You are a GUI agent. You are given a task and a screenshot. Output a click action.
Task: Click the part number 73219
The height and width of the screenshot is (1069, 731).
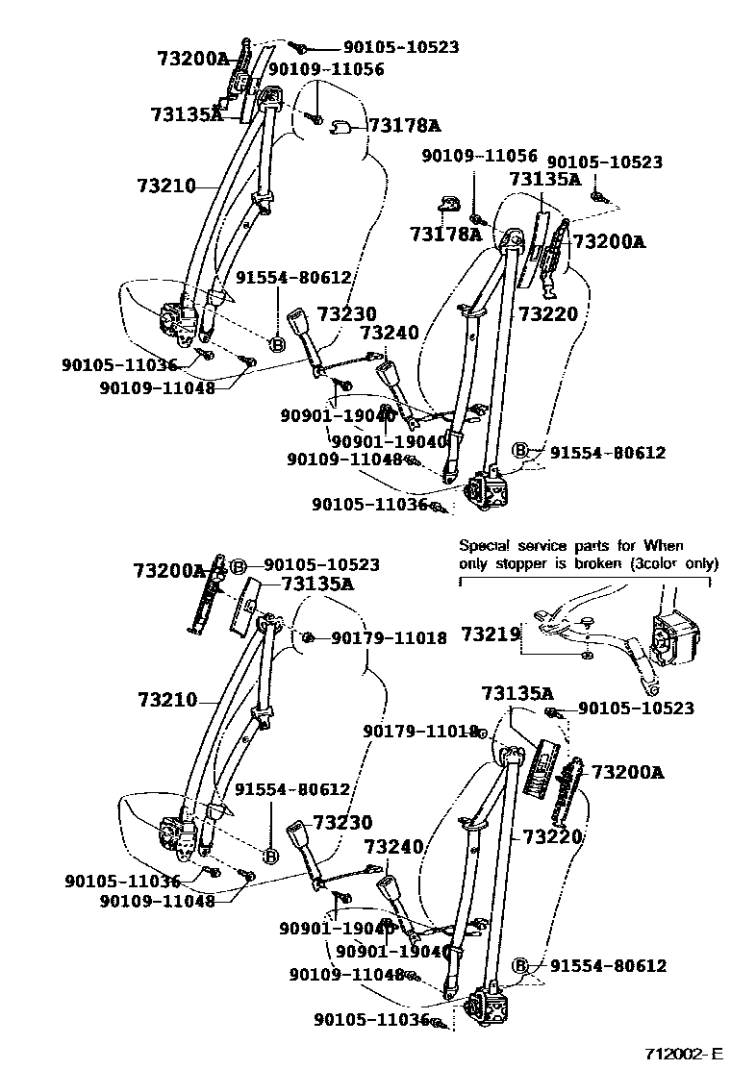click(x=491, y=634)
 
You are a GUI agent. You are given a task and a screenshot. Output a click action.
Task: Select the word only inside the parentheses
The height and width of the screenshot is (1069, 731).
click(x=700, y=563)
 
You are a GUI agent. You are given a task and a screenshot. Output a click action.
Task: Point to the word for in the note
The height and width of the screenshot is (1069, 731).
click(x=620, y=545)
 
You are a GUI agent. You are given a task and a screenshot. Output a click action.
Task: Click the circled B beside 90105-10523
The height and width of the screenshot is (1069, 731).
click(x=239, y=565)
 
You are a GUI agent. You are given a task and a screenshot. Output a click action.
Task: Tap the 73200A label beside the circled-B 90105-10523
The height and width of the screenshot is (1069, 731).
click(x=169, y=571)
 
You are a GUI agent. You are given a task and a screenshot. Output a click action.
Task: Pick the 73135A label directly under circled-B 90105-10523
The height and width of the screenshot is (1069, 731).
click(x=317, y=584)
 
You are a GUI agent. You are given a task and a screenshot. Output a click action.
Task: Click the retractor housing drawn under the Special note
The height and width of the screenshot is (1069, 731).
click(x=677, y=635)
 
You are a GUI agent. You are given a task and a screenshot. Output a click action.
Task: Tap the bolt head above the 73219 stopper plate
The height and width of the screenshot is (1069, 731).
click(x=585, y=620)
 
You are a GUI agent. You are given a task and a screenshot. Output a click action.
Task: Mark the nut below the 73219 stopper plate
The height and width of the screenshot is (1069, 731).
click(x=586, y=656)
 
